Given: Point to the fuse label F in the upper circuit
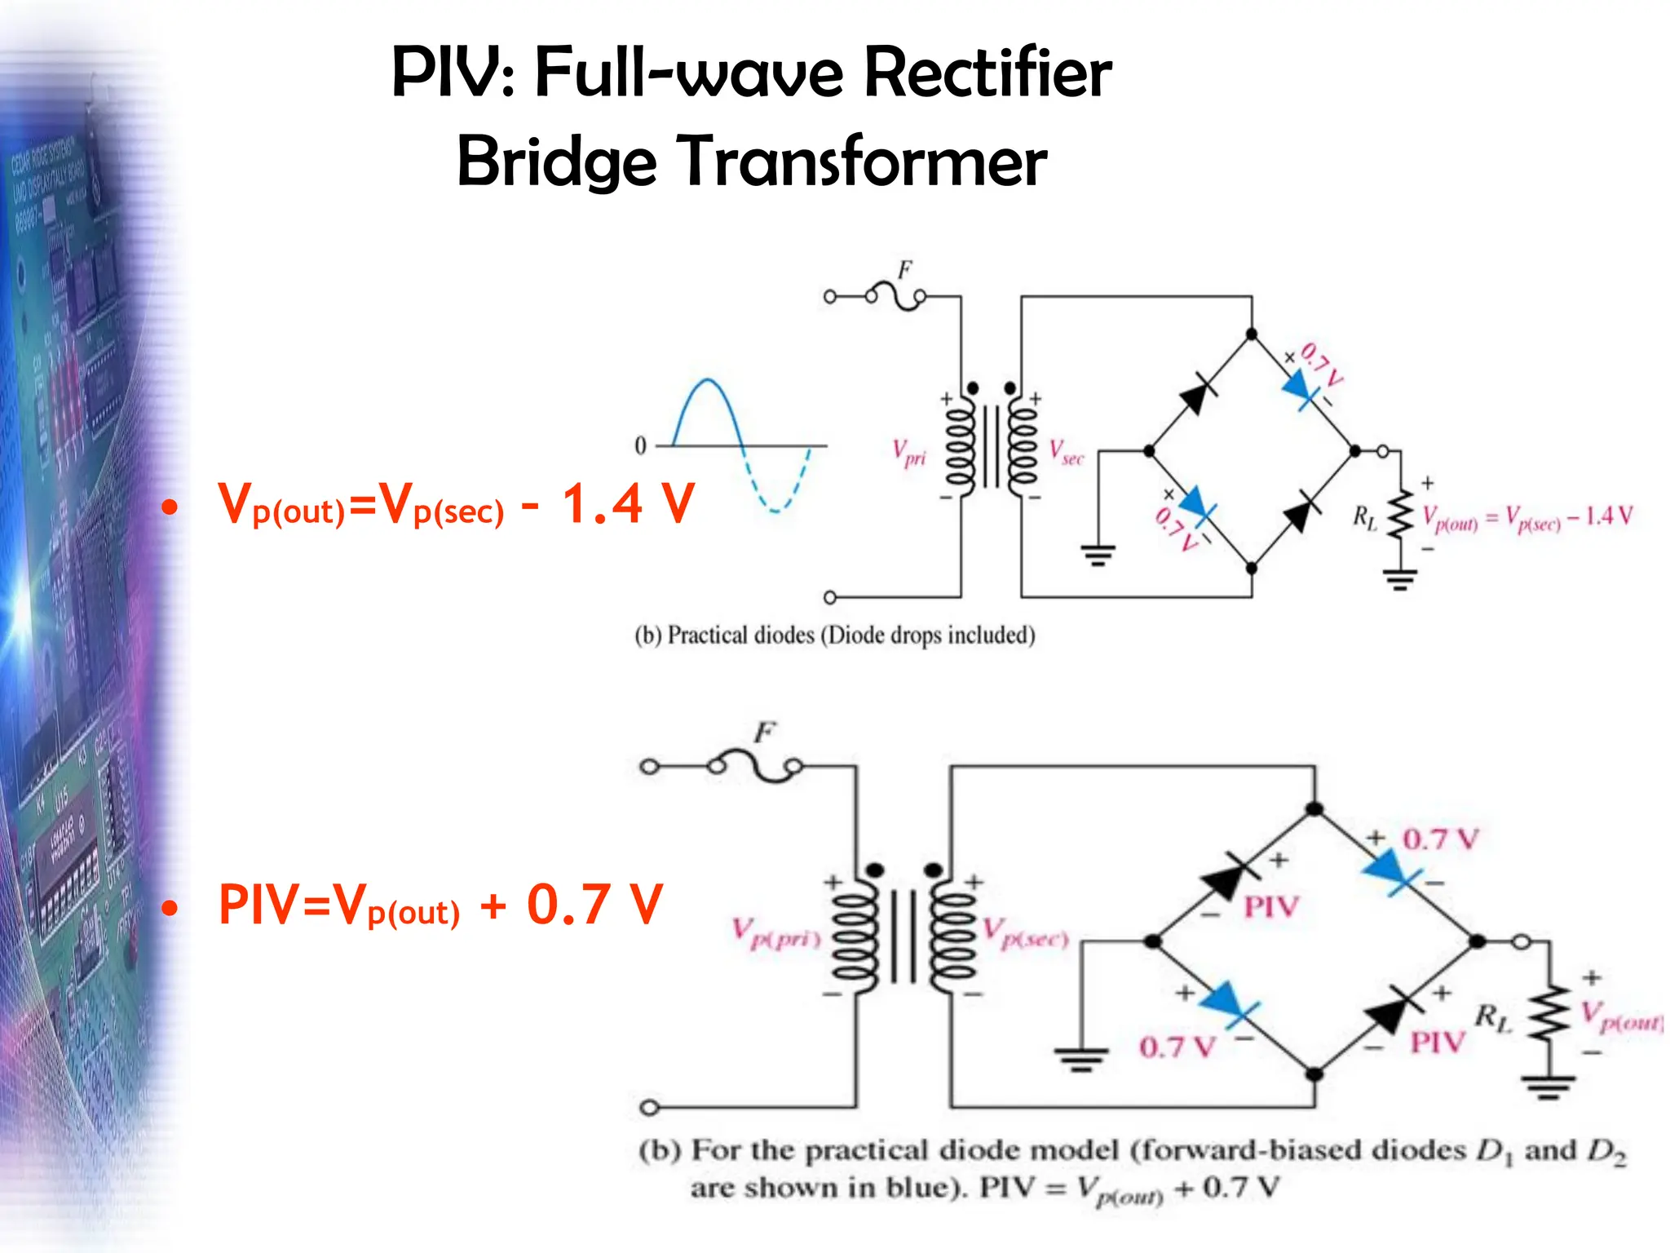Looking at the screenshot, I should click(x=905, y=270).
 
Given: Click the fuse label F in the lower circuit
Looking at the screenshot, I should click(x=764, y=732).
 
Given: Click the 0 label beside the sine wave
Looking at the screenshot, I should click(x=640, y=445).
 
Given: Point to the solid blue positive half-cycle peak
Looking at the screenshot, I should click(x=708, y=381).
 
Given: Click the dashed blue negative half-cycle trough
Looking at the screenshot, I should click(x=775, y=510).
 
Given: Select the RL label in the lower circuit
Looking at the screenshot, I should click(x=1492, y=1017).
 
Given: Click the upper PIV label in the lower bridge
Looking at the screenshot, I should click(x=1270, y=906).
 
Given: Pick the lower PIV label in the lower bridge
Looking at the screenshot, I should click(x=1438, y=1042).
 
